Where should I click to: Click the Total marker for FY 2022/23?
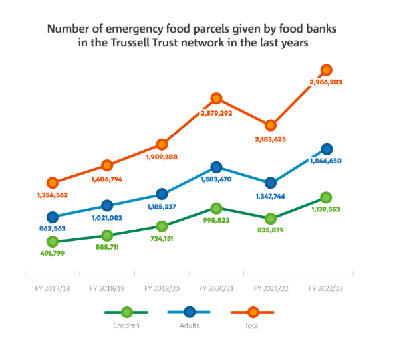click(x=327, y=70)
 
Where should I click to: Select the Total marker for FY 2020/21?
click(x=216, y=98)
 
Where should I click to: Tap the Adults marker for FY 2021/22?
click(x=271, y=183)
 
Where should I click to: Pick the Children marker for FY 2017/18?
click(x=52, y=242)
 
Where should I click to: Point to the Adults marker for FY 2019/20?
click(x=162, y=194)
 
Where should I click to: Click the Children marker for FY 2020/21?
click(x=216, y=209)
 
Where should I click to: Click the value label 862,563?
click(x=51, y=228)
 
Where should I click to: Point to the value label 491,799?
click(x=52, y=253)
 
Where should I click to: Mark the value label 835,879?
click(x=271, y=230)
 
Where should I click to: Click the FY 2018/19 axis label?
click(x=106, y=289)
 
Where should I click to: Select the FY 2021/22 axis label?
click(x=271, y=289)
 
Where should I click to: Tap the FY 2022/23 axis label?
click(x=326, y=289)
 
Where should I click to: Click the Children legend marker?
click(x=126, y=311)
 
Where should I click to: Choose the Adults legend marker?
click(x=190, y=311)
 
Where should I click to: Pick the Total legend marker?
click(x=253, y=311)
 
